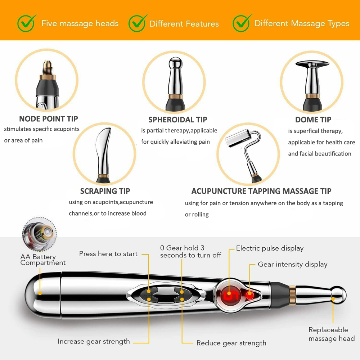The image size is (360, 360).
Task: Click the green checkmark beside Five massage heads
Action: click(x=26, y=23)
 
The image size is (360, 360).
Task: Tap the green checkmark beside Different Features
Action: click(x=137, y=23)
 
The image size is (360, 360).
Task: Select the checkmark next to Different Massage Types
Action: click(x=241, y=23)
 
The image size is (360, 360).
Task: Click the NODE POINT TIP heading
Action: click(x=49, y=119)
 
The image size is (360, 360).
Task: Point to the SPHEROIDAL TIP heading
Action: click(x=178, y=120)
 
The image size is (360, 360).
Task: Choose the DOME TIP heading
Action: click(x=313, y=120)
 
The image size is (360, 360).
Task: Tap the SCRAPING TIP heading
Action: click(x=105, y=191)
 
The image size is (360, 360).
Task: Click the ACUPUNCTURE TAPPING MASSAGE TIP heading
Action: click(x=261, y=191)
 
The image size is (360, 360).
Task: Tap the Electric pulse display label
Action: click(x=270, y=248)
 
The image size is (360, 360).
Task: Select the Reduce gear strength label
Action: click(x=231, y=343)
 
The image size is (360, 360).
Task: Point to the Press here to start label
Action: click(x=108, y=254)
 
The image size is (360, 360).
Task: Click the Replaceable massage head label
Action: click(x=332, y=334)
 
